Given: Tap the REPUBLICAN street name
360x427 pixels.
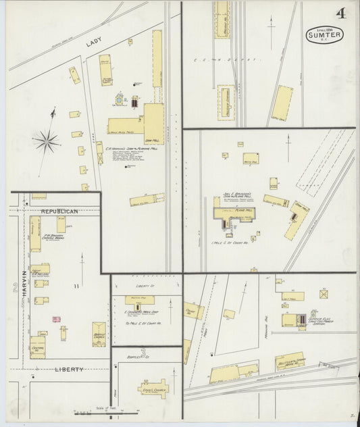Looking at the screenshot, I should click(59, 211).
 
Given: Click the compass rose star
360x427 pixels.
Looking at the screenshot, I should click(46, 141).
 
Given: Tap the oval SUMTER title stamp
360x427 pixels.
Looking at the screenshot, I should click(324, 34).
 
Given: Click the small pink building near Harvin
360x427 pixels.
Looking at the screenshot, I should click(57, 319).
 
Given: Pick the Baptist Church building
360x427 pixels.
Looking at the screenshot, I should click(99, 334).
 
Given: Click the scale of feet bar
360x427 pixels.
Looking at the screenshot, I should click(101, 411).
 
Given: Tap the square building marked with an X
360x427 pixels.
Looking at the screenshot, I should click(324, 294).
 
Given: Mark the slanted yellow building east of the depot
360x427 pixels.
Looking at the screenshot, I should click(282, 103).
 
